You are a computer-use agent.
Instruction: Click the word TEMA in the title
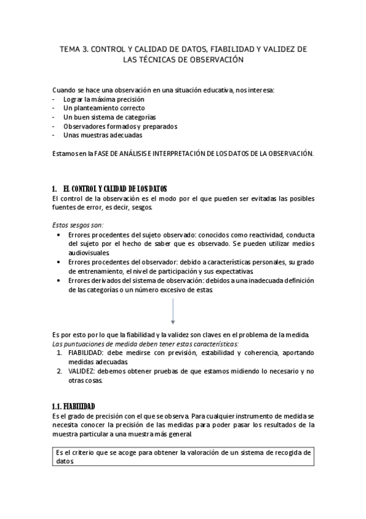tap(70, 48)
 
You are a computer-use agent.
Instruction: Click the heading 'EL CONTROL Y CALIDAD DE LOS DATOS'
tap(115, 189)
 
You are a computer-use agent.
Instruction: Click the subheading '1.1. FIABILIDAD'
tap(73, 406)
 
